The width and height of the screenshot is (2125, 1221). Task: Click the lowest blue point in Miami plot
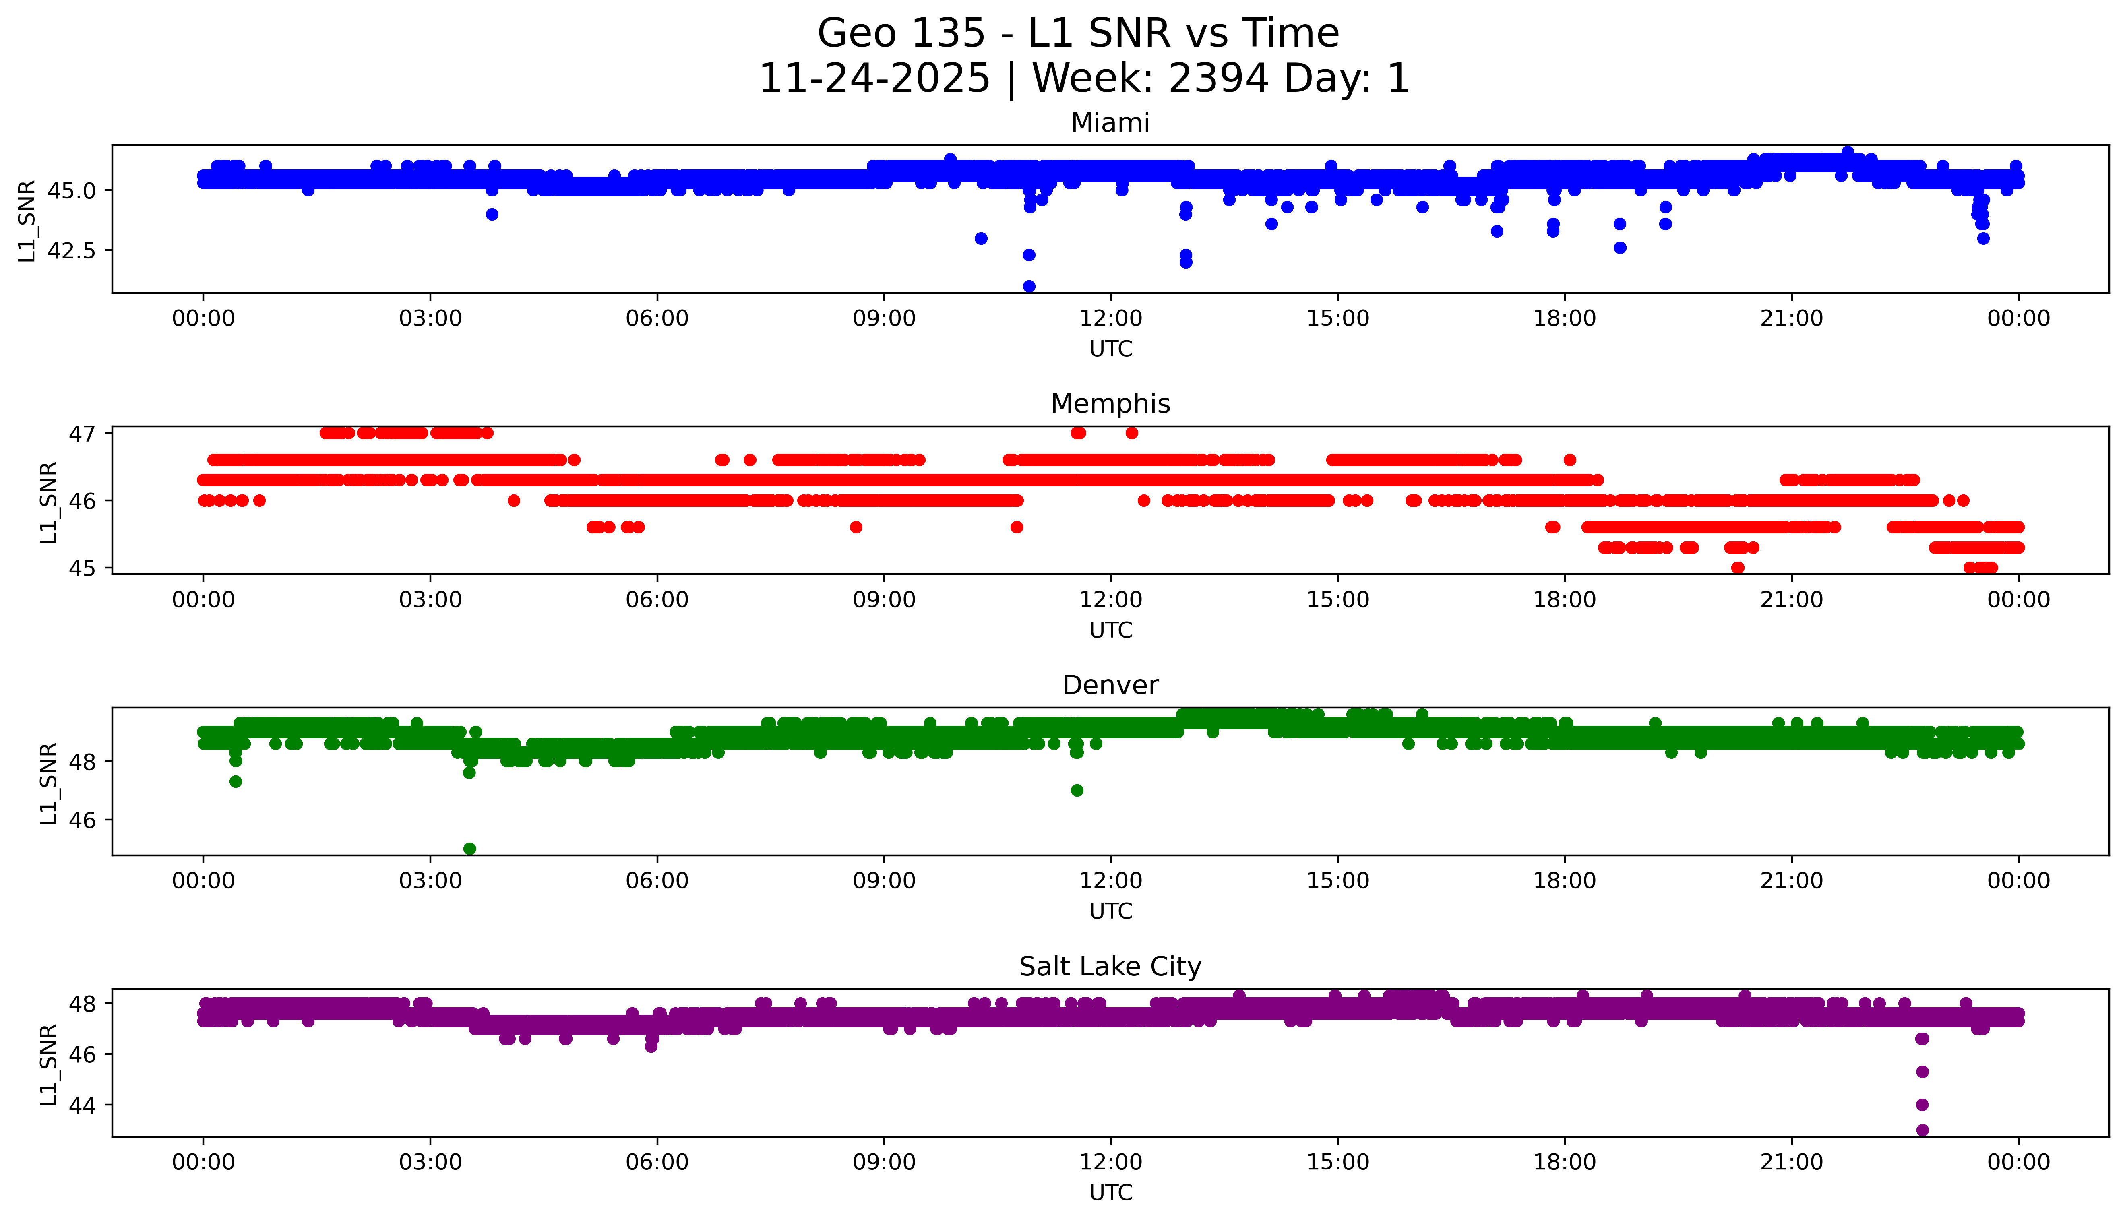click(x=1029, y=287)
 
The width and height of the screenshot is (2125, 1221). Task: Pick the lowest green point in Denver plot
click(x=469, y=849)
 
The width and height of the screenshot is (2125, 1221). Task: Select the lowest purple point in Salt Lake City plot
click(x=1922, y=1130)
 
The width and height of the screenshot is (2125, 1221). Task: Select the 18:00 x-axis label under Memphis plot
click(x=1565, y=599)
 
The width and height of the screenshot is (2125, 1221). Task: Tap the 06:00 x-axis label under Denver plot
click(x=657, y=880)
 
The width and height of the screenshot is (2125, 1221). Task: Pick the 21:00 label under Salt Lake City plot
click(x=1791, y=1162)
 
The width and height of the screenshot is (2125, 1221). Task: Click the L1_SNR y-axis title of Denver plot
click(x=49, y=783)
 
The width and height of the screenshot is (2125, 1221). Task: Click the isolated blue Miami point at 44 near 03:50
click(x=492, y=215)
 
